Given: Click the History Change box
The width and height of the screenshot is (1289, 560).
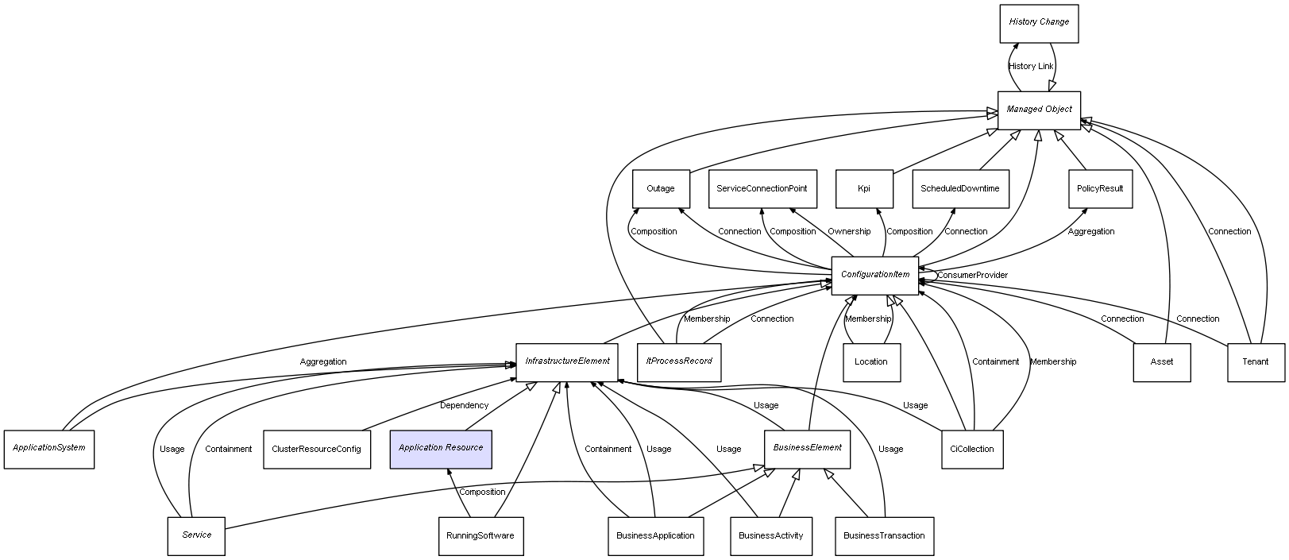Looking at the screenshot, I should tap(1038, 22).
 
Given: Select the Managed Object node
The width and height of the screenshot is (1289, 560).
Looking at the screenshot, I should tap(1039, 110).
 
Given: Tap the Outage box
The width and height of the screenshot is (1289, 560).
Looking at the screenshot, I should tap(660, 189).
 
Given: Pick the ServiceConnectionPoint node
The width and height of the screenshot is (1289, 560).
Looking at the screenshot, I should tap(761, 189).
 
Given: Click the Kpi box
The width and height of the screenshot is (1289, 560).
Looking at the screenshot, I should tap(863, 189).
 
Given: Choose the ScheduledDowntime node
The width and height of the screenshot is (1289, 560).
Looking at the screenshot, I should tap(959, 189).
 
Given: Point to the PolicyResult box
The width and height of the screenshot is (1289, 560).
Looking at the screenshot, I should tap(1099, 189).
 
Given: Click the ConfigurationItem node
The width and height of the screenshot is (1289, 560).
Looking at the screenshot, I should tap(874, 275).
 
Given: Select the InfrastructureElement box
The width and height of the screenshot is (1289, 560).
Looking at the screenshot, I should tap(566, 361).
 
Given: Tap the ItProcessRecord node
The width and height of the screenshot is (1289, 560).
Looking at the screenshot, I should tap(678, 361).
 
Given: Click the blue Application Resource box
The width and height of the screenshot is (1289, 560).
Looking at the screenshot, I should tap(441, 448).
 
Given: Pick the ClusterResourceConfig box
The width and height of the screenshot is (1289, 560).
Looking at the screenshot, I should tap(316, 449).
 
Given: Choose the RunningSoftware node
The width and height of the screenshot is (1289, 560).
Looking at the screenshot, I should tap(480, 535).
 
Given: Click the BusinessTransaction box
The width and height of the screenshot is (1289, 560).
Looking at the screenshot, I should tap(884, 535).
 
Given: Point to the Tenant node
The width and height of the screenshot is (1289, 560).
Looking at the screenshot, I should tap(1255, 362).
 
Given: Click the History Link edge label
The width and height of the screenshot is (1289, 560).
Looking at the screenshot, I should tap(1031, 67).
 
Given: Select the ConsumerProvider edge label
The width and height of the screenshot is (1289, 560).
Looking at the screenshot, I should tap(972, 276).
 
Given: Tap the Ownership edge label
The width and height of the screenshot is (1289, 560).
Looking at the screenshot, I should tap(849, 232).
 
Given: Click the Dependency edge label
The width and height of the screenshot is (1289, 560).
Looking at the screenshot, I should tap(464, 406).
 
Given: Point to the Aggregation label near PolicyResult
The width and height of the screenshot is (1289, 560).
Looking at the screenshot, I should tap(1090, 232).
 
